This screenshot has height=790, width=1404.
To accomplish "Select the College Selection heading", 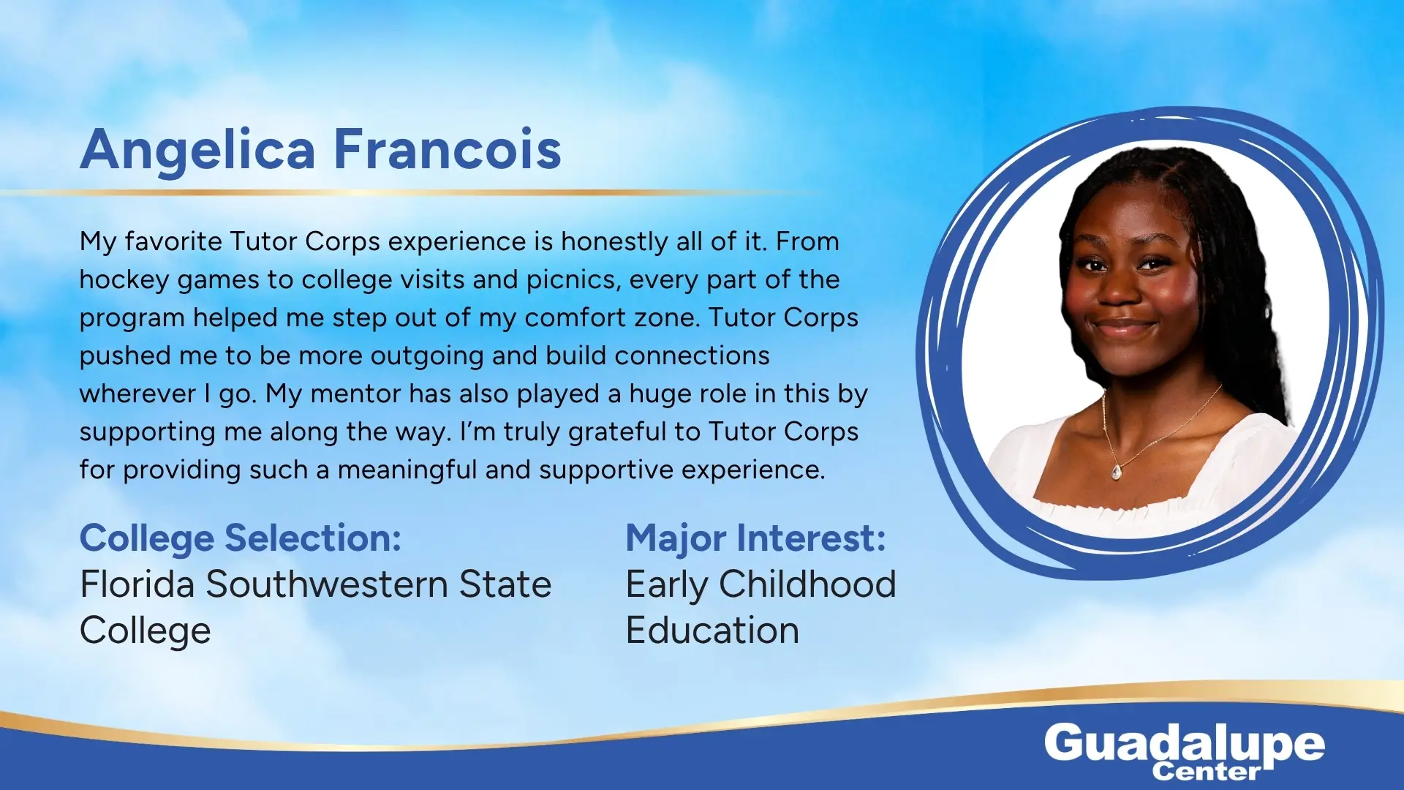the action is click(241, 539).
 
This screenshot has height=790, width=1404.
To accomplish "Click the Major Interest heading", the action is click(756, 539).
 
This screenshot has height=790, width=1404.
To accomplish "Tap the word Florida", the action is click(137, 584).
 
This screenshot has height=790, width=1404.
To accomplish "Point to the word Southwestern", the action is click(327, 584).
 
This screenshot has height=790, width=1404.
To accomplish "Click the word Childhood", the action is click(807, 584).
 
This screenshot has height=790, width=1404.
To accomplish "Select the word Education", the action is click(712, 631).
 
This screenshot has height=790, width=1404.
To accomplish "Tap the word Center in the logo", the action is click(1206, 771).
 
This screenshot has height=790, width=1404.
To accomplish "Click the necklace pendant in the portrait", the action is click(1117, 472).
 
